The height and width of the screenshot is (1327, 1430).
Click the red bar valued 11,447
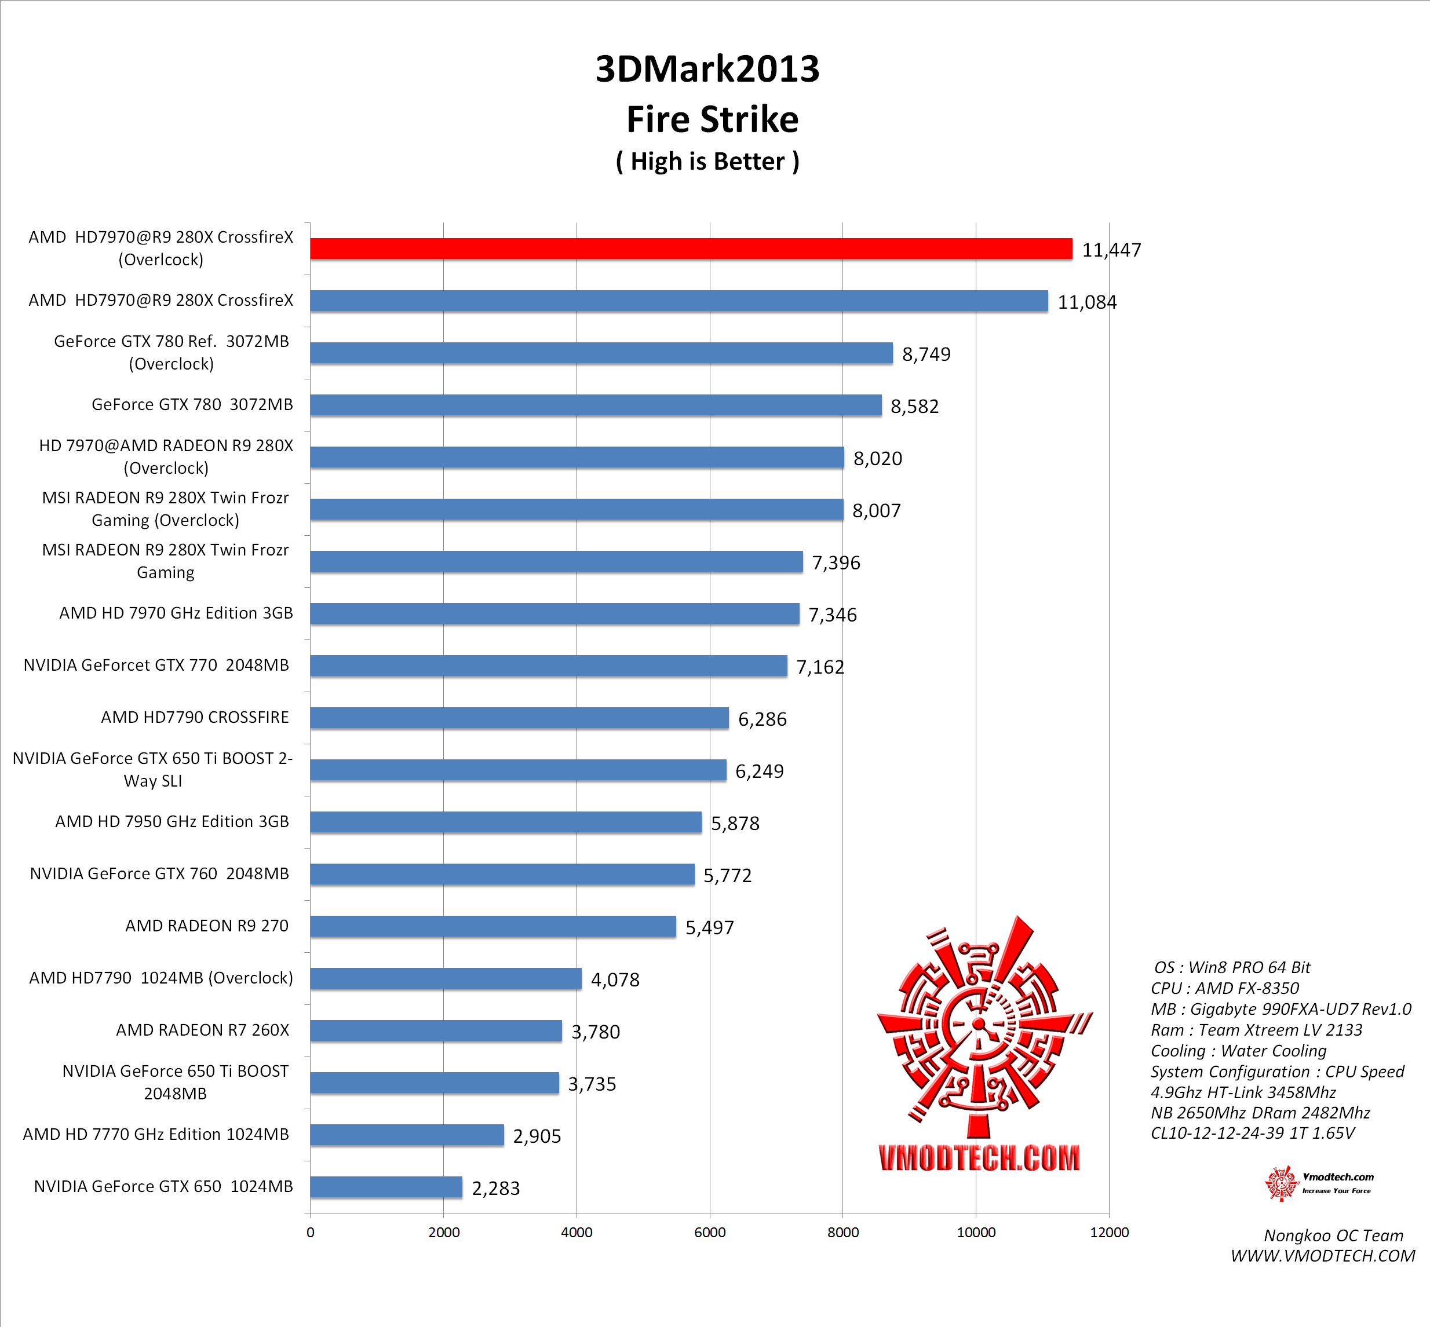pos(691,248)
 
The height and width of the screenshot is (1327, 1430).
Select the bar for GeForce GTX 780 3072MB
pos(596,405)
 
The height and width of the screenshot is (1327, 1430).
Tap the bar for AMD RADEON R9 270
pos(493,926)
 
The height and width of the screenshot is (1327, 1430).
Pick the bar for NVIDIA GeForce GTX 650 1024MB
pos(386,1187)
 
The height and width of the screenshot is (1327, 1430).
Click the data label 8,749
pos(926,354)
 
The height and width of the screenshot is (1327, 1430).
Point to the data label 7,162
pos(820,667)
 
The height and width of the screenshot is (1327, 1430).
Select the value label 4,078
pos(615,979)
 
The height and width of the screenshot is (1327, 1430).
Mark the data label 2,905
pos(537,1136)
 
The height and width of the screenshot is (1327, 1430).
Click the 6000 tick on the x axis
pos(710,1232)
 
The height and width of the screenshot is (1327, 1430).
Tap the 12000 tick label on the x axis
pos(1109,1232)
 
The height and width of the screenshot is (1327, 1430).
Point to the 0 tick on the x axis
pos(310,1232)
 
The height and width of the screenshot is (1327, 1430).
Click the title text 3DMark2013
pos(707,69)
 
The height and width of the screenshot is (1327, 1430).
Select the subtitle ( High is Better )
pos(707,162)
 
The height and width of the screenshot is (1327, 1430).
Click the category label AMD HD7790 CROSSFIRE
pos(195,717)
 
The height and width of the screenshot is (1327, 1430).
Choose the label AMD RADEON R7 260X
pos(203,1030)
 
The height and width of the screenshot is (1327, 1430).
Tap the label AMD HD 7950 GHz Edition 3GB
pos(172,821)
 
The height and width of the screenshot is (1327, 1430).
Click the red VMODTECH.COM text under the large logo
pos(979,1157)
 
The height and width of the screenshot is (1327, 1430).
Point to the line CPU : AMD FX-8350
pos(1224,988)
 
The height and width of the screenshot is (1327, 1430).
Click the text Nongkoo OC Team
pos(1333,1235)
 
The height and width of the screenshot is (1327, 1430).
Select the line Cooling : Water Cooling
pos(1238,1051)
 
